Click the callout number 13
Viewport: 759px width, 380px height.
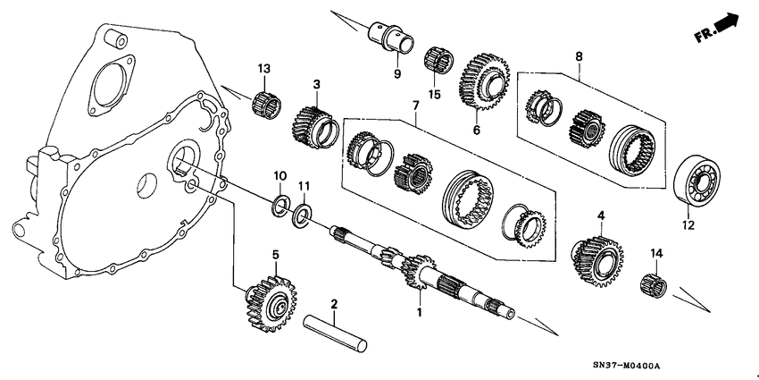[263, 69]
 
